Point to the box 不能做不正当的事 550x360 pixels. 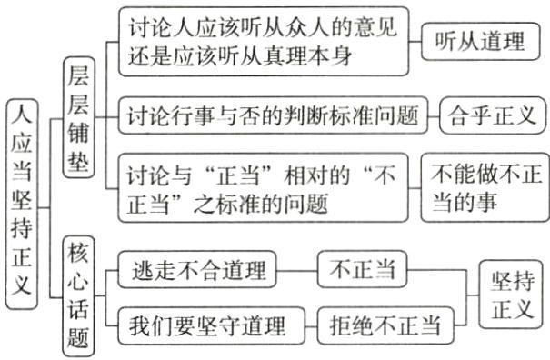pyautogui.click(x=485, y=187)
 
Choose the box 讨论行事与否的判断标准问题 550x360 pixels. pyautogui.click(x=274, y=115)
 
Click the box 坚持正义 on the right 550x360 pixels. pyautogui.click(x=512, y=295)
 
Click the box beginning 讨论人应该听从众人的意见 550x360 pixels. pyautogui.click(x=264, y=41)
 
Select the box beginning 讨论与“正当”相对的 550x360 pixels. pyautogui.click(x=264, y=186)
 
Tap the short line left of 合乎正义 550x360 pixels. pyautogui.click(x=434, y=115)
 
